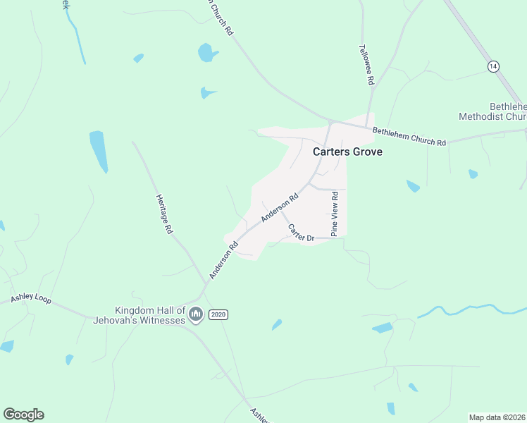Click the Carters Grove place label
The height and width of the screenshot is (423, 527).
347,151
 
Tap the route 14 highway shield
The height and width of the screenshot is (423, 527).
493,66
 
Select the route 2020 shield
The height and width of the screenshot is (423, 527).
218,314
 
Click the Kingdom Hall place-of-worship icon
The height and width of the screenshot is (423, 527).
197,314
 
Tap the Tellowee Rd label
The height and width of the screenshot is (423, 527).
366,66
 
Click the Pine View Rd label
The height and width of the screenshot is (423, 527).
335,213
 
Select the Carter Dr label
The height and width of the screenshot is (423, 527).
300,233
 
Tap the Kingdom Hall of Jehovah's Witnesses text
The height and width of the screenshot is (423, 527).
151,314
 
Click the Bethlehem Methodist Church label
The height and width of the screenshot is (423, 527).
493,111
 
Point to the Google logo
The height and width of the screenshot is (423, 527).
23,415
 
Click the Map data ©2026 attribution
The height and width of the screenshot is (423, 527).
497,417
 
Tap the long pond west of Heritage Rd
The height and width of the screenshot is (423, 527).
99,151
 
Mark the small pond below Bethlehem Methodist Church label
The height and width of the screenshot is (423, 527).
473,173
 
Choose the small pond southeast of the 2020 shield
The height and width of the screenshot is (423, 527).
277,325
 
